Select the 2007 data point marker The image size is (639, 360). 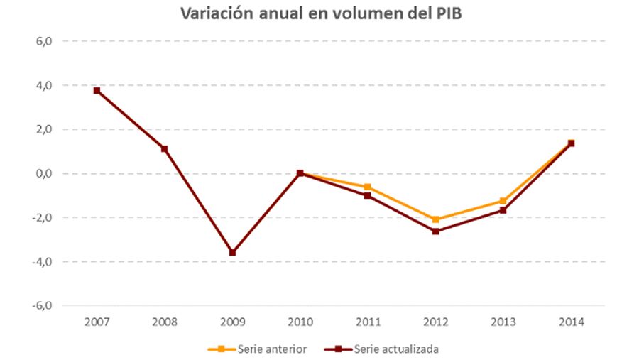97,90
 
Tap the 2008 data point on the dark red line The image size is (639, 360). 164,148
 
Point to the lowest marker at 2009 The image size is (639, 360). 232,252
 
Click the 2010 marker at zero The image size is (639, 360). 300,173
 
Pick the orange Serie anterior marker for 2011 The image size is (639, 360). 367,187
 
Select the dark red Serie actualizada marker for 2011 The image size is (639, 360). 367,195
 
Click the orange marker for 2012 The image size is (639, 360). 435,219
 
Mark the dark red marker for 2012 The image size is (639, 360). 435,231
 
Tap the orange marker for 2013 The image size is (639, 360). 503,201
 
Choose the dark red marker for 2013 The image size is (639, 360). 503,210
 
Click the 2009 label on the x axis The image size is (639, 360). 232,322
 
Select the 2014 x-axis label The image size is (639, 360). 571,322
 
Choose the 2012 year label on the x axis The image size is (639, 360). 435,322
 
